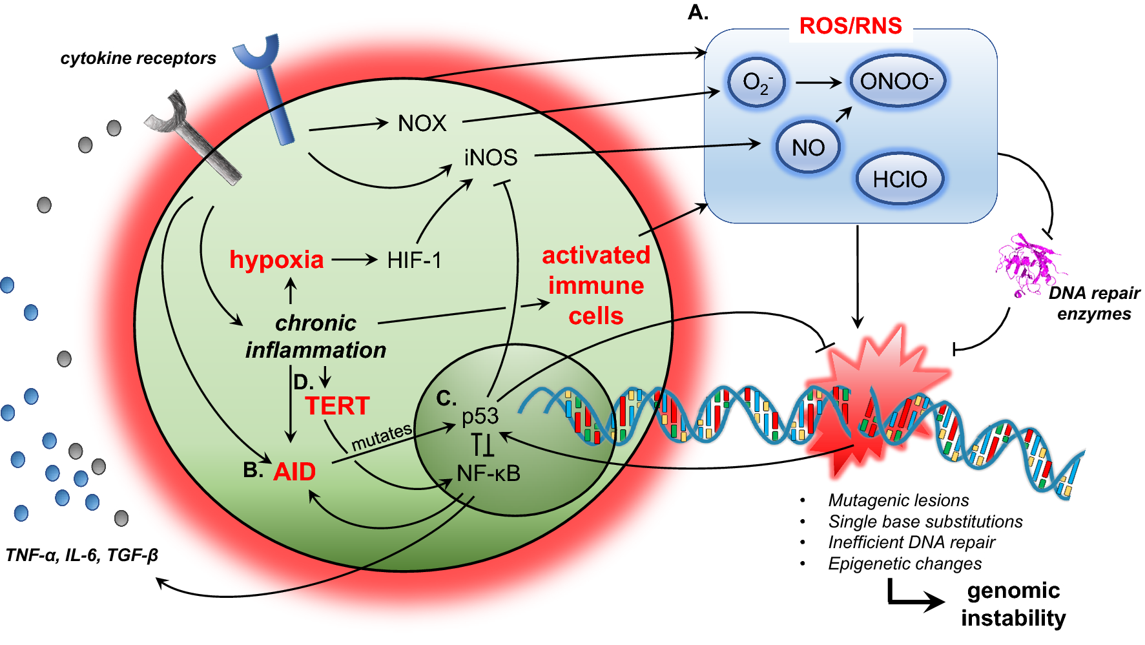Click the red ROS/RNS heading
[850, 26]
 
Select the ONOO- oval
[896, 81]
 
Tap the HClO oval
[900, 179]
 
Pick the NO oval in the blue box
[808, 148]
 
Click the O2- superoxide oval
[756, 83]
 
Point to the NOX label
[422, 123]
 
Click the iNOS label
[491, 158]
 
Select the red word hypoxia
[276, 260]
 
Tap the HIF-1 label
[414, 260]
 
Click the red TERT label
[337, 406]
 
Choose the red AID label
[294, 472]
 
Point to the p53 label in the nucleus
[480, 416]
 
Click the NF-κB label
[488, 473]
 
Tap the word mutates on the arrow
[381, 437]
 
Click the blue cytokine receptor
[266, 84]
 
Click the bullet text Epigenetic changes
[904, 564]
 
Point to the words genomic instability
[1013, 604]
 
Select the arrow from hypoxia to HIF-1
[354, 260]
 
